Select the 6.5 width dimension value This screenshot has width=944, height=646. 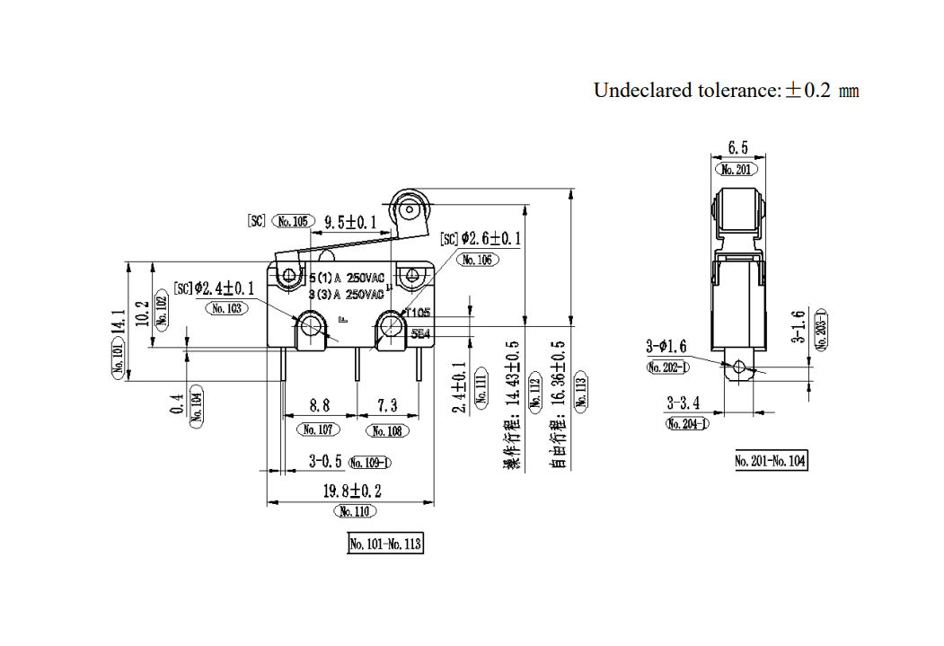pyautogui.click(x=737, y=148)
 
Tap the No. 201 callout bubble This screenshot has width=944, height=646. pyautogui.click(x=737, y=169)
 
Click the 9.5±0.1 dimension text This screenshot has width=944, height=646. pyautogui.click(x=350, y=221)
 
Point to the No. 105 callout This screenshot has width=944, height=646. pyautogui.click(x=293, y=221)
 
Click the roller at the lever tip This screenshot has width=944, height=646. pyautogui.click(x=410, y=210)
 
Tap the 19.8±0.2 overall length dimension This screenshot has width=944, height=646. pyautogui.click(x=352, y=491)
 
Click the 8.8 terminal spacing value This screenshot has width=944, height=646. pyautogui.click(x=319, y=407)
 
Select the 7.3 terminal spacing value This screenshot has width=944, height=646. pyautogui.click(x=386, y=407)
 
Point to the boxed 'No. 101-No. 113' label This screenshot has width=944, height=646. pyautogui.click(x=384, y=544)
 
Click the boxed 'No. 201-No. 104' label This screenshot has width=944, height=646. pyautogui.click(x=771, y=461)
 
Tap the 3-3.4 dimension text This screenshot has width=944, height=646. pyautogui.click(x=686, y=403)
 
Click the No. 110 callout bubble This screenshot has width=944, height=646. pyautogui.click(x=355, y=511)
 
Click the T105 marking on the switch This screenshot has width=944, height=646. pyautogui.click(x=418, y=313)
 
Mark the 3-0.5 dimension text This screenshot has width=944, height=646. pyautogui.click(x=325, y=462)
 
